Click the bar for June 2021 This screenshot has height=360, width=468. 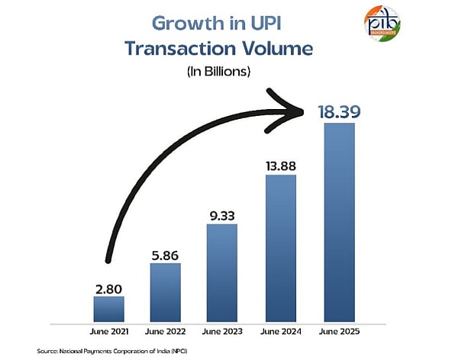coord(108,308)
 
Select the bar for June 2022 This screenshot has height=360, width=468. coord(165,291)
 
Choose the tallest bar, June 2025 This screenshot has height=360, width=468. coord(338,221)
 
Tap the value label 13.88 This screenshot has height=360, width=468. coord(280,165)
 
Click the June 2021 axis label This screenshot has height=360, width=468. coord(108,331)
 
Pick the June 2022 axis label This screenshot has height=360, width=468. coord(165,331)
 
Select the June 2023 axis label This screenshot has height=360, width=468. coord(223,331)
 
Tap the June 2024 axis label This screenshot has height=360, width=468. coord(280,331)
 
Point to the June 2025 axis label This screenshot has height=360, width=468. coord(338,331)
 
